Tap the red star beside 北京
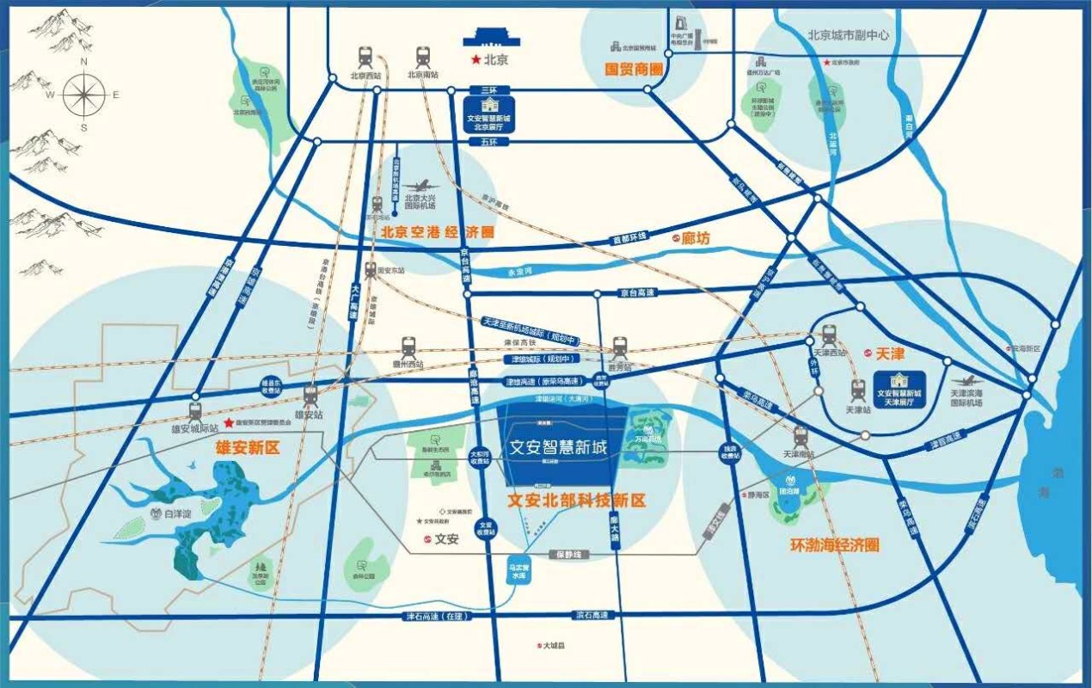click(x=475, y=60)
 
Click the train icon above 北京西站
click(x=365, y=58)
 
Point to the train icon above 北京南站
click(x=422, y=58)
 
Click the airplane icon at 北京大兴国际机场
click(x=421, y=187)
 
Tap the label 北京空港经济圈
click(x=439, y=231)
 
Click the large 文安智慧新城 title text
click(x=558, y=447)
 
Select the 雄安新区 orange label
click(x=248, y=447)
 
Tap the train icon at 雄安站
click(x=310, y=395)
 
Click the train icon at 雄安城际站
click(x=195, y=410)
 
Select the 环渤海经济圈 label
click(x=834, y=545)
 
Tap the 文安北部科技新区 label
click(x=576, y=500)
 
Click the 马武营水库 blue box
click(x=518, y=572)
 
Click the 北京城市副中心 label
click(x=848, y=36)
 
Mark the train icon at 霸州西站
click(x=408, y=347)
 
